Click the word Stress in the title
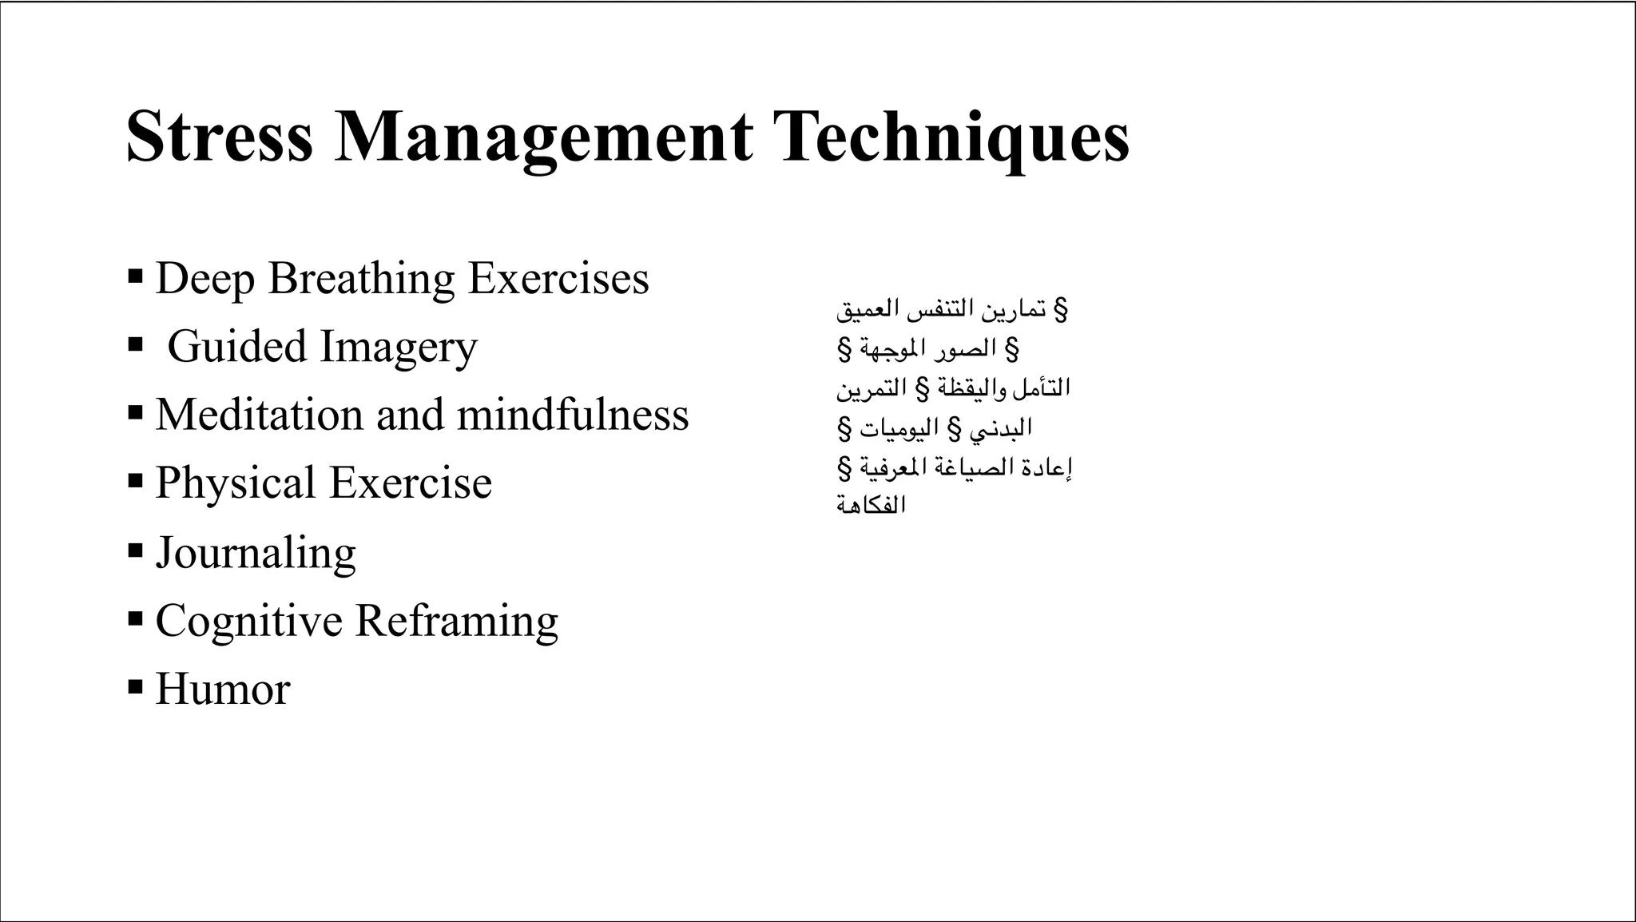[220, 137]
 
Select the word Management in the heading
[543, 137]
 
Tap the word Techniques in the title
[954, 137]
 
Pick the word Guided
[236, 347]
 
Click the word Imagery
[399, 348]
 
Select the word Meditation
[259, 415]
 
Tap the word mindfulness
[572, 415]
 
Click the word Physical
[235, 483]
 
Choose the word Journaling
[256, 553]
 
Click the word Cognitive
[248, 621]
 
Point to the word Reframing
[456, 621]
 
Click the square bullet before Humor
[135, 686]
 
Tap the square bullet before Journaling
[135, 550]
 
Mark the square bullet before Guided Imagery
[135, 345]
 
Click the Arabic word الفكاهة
[871, 505]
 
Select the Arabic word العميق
[861, 309]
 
